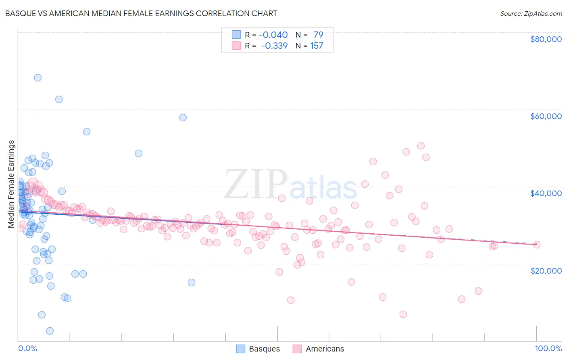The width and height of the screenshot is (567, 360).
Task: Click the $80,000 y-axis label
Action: coord(546,39)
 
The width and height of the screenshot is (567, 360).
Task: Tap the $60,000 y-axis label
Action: coord(546,116)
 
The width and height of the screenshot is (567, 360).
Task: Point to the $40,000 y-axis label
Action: coord(546,193)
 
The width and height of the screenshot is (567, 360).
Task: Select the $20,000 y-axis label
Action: coord(546,270)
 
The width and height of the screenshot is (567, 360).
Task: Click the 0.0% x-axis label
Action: coord(27,348)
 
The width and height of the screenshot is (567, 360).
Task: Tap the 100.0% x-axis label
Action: coord(548,348)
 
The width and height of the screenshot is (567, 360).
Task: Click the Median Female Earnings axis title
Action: coord(11,184)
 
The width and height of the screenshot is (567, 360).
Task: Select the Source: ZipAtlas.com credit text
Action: coord(531,13)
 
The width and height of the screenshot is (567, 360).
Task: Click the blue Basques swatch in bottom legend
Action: coord(241,349)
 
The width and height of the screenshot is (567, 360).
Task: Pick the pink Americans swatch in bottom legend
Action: coord(297,349)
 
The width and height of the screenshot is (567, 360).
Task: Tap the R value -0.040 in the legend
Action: coord(273,35)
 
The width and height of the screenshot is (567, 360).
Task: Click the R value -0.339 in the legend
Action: coord(274,46)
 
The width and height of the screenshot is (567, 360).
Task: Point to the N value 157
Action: coord(317,46)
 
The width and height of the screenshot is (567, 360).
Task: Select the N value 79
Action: coord(318,35)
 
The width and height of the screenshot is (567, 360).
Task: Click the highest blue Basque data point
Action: coord(38,77)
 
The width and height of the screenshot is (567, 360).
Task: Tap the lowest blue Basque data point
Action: coord(50,331)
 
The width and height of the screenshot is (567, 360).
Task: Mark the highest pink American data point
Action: coord(421,146)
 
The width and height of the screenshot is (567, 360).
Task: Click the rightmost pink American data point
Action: coord(536,244)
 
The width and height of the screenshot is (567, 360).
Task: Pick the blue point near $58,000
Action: coord(183,117)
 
